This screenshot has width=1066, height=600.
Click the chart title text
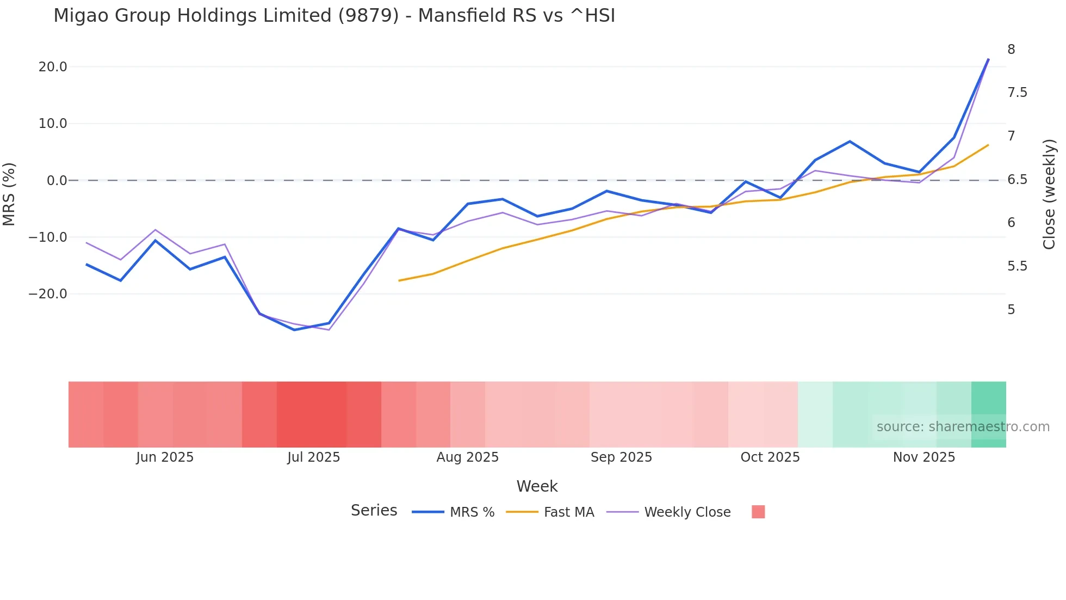334,16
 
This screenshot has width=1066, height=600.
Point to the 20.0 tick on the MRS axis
53,67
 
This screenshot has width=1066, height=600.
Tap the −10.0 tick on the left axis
48,237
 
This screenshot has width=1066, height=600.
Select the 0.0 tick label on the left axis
57,180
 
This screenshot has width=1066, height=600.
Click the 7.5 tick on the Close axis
1017,93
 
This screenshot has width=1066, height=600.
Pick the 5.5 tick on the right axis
1017,266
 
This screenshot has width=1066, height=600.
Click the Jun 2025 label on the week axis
165,457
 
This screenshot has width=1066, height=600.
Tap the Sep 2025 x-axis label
621,457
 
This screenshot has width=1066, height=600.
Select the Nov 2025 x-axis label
924,457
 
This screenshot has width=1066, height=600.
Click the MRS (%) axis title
9,194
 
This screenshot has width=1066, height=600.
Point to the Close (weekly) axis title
1049,194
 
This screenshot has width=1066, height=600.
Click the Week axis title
537,486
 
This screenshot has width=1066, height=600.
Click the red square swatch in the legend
758,512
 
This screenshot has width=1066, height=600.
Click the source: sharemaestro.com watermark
963,427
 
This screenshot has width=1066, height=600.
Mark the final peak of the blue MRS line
988,59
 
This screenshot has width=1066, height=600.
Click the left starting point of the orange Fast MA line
399,281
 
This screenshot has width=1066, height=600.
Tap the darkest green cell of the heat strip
988,414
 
